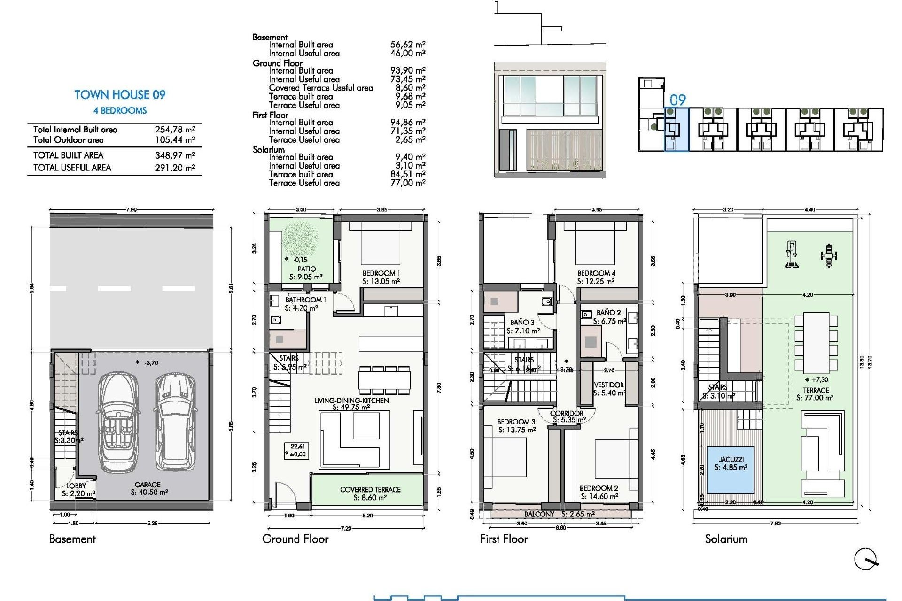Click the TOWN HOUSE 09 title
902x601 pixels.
point(120,95)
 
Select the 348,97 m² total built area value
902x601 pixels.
point(175,155)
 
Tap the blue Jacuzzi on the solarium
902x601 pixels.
point(731,469)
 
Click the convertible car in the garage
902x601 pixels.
point(117,422)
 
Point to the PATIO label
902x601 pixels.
point(306,269)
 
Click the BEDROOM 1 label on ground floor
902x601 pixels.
point(381,273)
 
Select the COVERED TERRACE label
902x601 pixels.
point(370,490)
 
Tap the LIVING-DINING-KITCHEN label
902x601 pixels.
point(351,401)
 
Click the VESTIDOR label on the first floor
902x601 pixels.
point(609,385)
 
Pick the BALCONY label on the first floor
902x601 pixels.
point(539,514)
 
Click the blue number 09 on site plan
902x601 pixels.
point(677,100)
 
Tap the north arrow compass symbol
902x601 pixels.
point(865,559)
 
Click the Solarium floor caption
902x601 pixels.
point(726,539)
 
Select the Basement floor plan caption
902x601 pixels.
point(72,539)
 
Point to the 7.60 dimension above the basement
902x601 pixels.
point(131,209)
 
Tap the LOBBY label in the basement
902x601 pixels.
point(76,486)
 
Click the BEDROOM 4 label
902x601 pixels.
point(596,273)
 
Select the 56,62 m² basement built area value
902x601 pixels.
point(407,45)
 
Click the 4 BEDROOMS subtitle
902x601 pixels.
point(120,111)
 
